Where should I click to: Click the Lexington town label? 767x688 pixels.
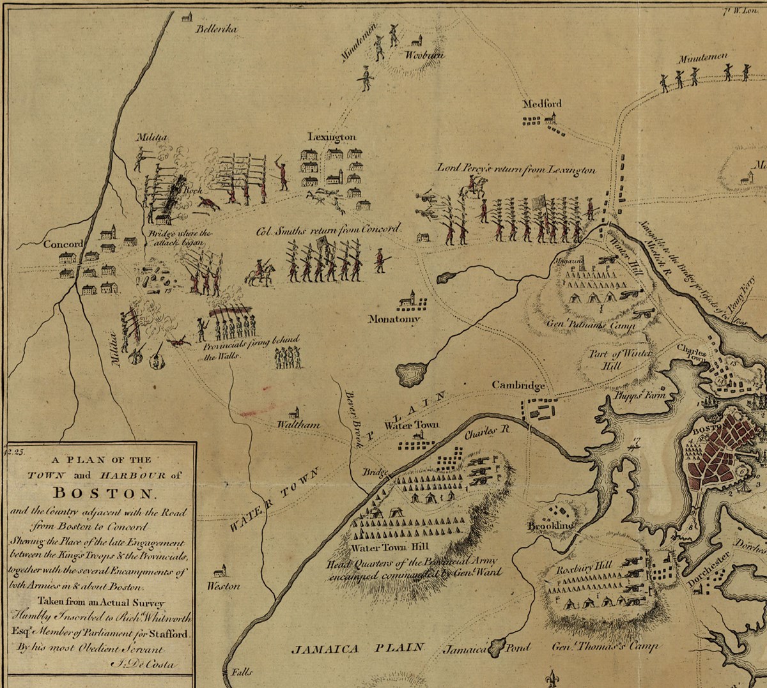pos(332,137)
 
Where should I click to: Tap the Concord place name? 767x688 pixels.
pos(63,244)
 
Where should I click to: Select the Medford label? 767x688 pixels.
pos(542,103)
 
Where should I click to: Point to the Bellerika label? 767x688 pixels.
pos(217,29)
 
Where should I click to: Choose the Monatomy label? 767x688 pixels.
pos(394,319)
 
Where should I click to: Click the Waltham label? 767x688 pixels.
pos(298,424)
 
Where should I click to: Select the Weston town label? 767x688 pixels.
pos(224,586)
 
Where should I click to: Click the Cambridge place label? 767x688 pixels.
pos(518,385)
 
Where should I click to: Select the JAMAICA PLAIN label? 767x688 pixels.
pos(358,648)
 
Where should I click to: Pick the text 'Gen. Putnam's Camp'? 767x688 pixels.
pos(591,325)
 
